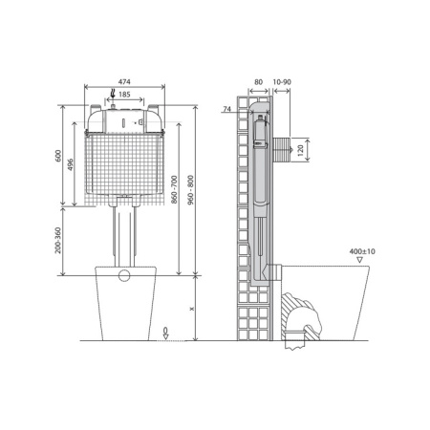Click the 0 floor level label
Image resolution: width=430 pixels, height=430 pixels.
(166, 331)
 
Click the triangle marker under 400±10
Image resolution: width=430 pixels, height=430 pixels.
(359, 259)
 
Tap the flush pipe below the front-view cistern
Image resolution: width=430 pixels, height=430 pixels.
(122, 234)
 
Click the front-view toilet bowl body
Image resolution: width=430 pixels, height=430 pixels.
(122, 306)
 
